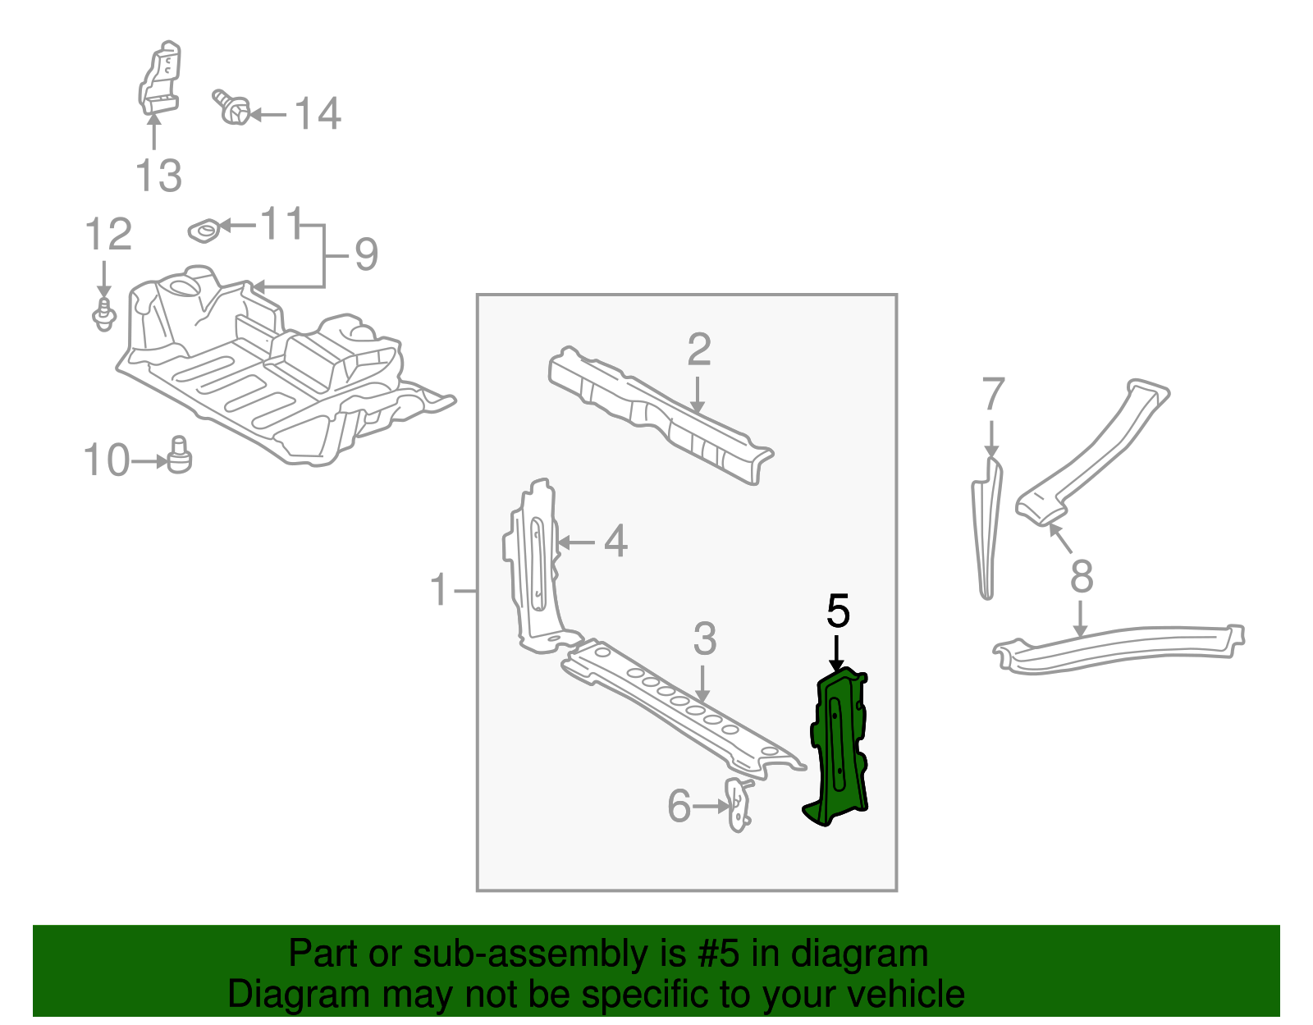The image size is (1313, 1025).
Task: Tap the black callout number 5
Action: tap(838, 611)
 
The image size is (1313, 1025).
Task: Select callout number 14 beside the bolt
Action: tap(317, 114)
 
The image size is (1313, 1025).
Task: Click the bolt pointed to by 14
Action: tap(233, 108)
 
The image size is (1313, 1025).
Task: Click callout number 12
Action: tap(108, 236)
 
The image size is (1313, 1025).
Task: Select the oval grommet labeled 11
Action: tap(204, 231)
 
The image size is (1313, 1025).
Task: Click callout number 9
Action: tap(366, 254)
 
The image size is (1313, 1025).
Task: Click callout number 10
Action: tap(107, 460)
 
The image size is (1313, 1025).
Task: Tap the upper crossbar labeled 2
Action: tap(656, 414)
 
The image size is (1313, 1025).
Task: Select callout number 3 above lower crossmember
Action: tap(704, 639)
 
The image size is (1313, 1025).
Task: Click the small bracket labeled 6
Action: tap(739, 805)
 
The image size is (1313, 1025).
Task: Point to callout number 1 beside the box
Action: tap(440, 590)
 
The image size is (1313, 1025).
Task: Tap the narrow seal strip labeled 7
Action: tap(986, 529)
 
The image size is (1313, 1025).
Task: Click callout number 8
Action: tap(1082, 576)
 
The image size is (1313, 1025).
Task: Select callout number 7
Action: tap(993, 396)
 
